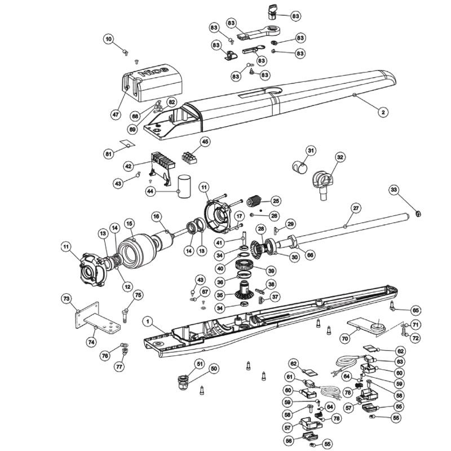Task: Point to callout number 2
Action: (382, 113)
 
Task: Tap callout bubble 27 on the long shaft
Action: (355, 208)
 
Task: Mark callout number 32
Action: (339, 157)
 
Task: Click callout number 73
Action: (67, 297)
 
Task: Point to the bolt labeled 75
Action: (125, 313)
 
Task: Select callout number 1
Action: (147, 321)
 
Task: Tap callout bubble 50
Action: (214, 369)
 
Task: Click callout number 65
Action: (416, 310)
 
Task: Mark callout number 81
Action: (109, 152)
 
